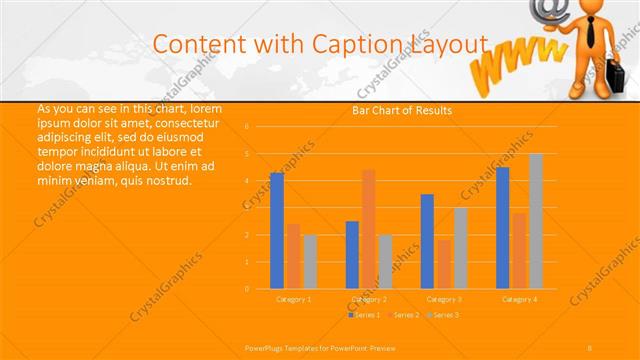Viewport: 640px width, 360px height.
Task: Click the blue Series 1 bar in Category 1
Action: coord(277,230)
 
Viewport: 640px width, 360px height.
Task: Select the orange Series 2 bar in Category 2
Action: coord(369,228)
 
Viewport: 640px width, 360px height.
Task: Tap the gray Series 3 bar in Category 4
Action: coord(536,221)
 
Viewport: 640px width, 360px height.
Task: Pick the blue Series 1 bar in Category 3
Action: coord(427,241)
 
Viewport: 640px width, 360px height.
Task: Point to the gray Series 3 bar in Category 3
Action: coord(460,248)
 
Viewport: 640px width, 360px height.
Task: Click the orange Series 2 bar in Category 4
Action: coord(519,250)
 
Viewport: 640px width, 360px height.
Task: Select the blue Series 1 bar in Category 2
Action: coord(352,254)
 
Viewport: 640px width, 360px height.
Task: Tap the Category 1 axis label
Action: coord(293,299)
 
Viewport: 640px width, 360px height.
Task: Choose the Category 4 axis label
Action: coord(519,299)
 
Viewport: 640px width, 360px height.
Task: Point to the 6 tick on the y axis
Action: coord(247,127)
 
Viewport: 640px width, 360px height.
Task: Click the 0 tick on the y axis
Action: coord(247,289)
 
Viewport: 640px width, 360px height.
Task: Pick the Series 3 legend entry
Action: coord(443,315)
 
